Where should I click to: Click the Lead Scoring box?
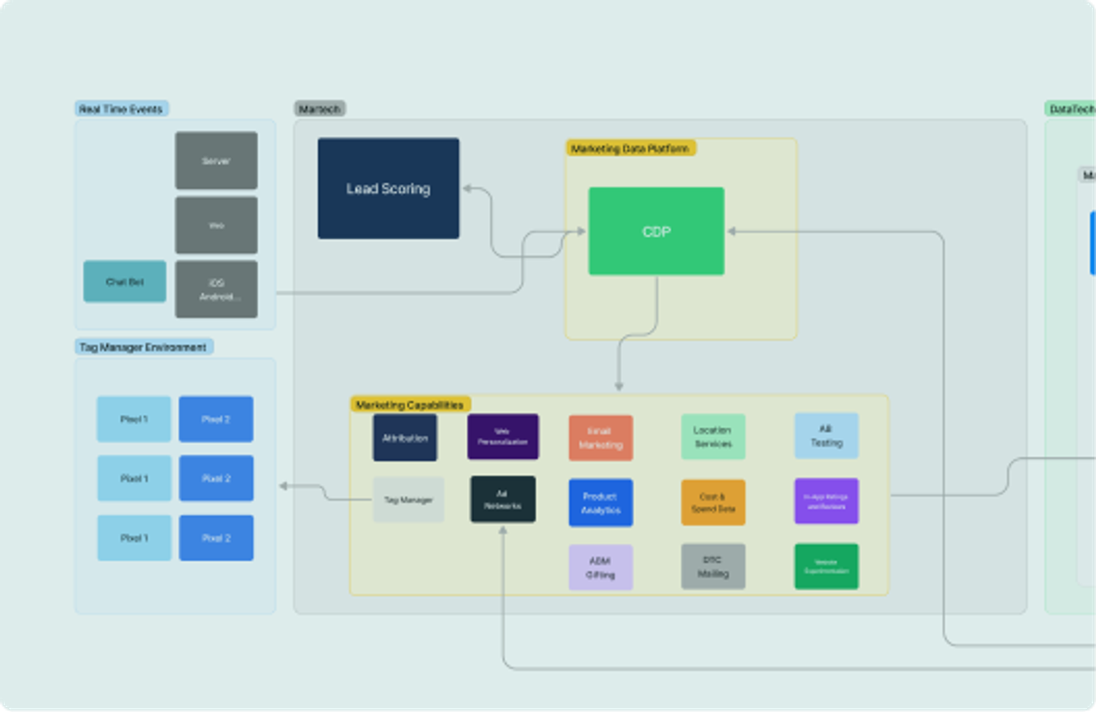(388, 188)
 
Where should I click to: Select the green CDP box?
(656, 231)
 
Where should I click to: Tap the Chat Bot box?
(125, 281)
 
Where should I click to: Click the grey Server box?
(216, 161)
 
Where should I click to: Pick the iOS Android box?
(216, 289)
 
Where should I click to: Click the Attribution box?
(405, 438)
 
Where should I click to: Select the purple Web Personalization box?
(503, 437)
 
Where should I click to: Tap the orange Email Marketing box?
(600, 438)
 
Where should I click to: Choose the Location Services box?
(713, 437)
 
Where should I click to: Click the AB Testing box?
(826, 435)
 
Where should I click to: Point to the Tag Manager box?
(408, 500)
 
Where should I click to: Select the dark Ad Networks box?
(503, 499)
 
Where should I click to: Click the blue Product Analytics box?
(600, 502)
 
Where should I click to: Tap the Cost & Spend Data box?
(713, 502)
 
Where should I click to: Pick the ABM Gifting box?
(600, 568)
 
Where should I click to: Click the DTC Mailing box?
(713, 566)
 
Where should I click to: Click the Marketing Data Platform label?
(630, 149)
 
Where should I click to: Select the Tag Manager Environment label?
(143, 347)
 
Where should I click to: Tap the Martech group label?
(320, 109)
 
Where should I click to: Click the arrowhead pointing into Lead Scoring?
(467, 188)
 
